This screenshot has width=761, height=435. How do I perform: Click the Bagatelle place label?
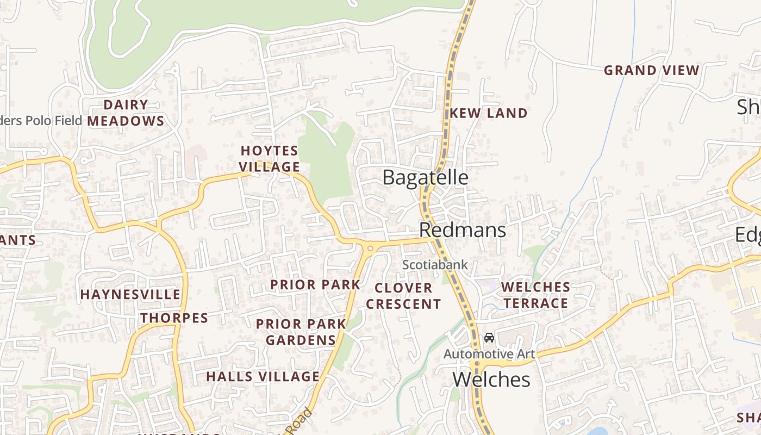(425, 178)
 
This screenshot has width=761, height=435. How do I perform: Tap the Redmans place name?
(463, 230)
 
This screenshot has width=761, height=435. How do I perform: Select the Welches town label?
(491, 380)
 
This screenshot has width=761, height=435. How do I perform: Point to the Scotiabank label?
(435, 265)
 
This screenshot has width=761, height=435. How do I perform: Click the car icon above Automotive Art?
(489, 338)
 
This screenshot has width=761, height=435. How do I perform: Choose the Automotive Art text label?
(489, 355)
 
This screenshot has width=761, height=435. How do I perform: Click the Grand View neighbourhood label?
(651, 70)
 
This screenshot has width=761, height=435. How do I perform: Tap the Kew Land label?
(489, 113)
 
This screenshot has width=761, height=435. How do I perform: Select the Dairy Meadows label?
(126, 113)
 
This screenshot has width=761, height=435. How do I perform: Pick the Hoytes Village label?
(270, 159)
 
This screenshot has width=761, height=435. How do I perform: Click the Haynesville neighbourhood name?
(130, 295)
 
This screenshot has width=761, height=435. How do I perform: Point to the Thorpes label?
(174, 318)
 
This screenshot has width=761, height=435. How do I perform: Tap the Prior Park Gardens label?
(301, 332)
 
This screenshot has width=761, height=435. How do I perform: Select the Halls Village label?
(263, 376)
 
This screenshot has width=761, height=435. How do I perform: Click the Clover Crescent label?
(403, 296)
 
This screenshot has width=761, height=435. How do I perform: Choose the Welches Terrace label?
(535, 295)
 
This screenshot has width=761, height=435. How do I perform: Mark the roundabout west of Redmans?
(370, 248)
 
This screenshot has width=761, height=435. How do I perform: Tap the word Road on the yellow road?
(300, 421)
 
